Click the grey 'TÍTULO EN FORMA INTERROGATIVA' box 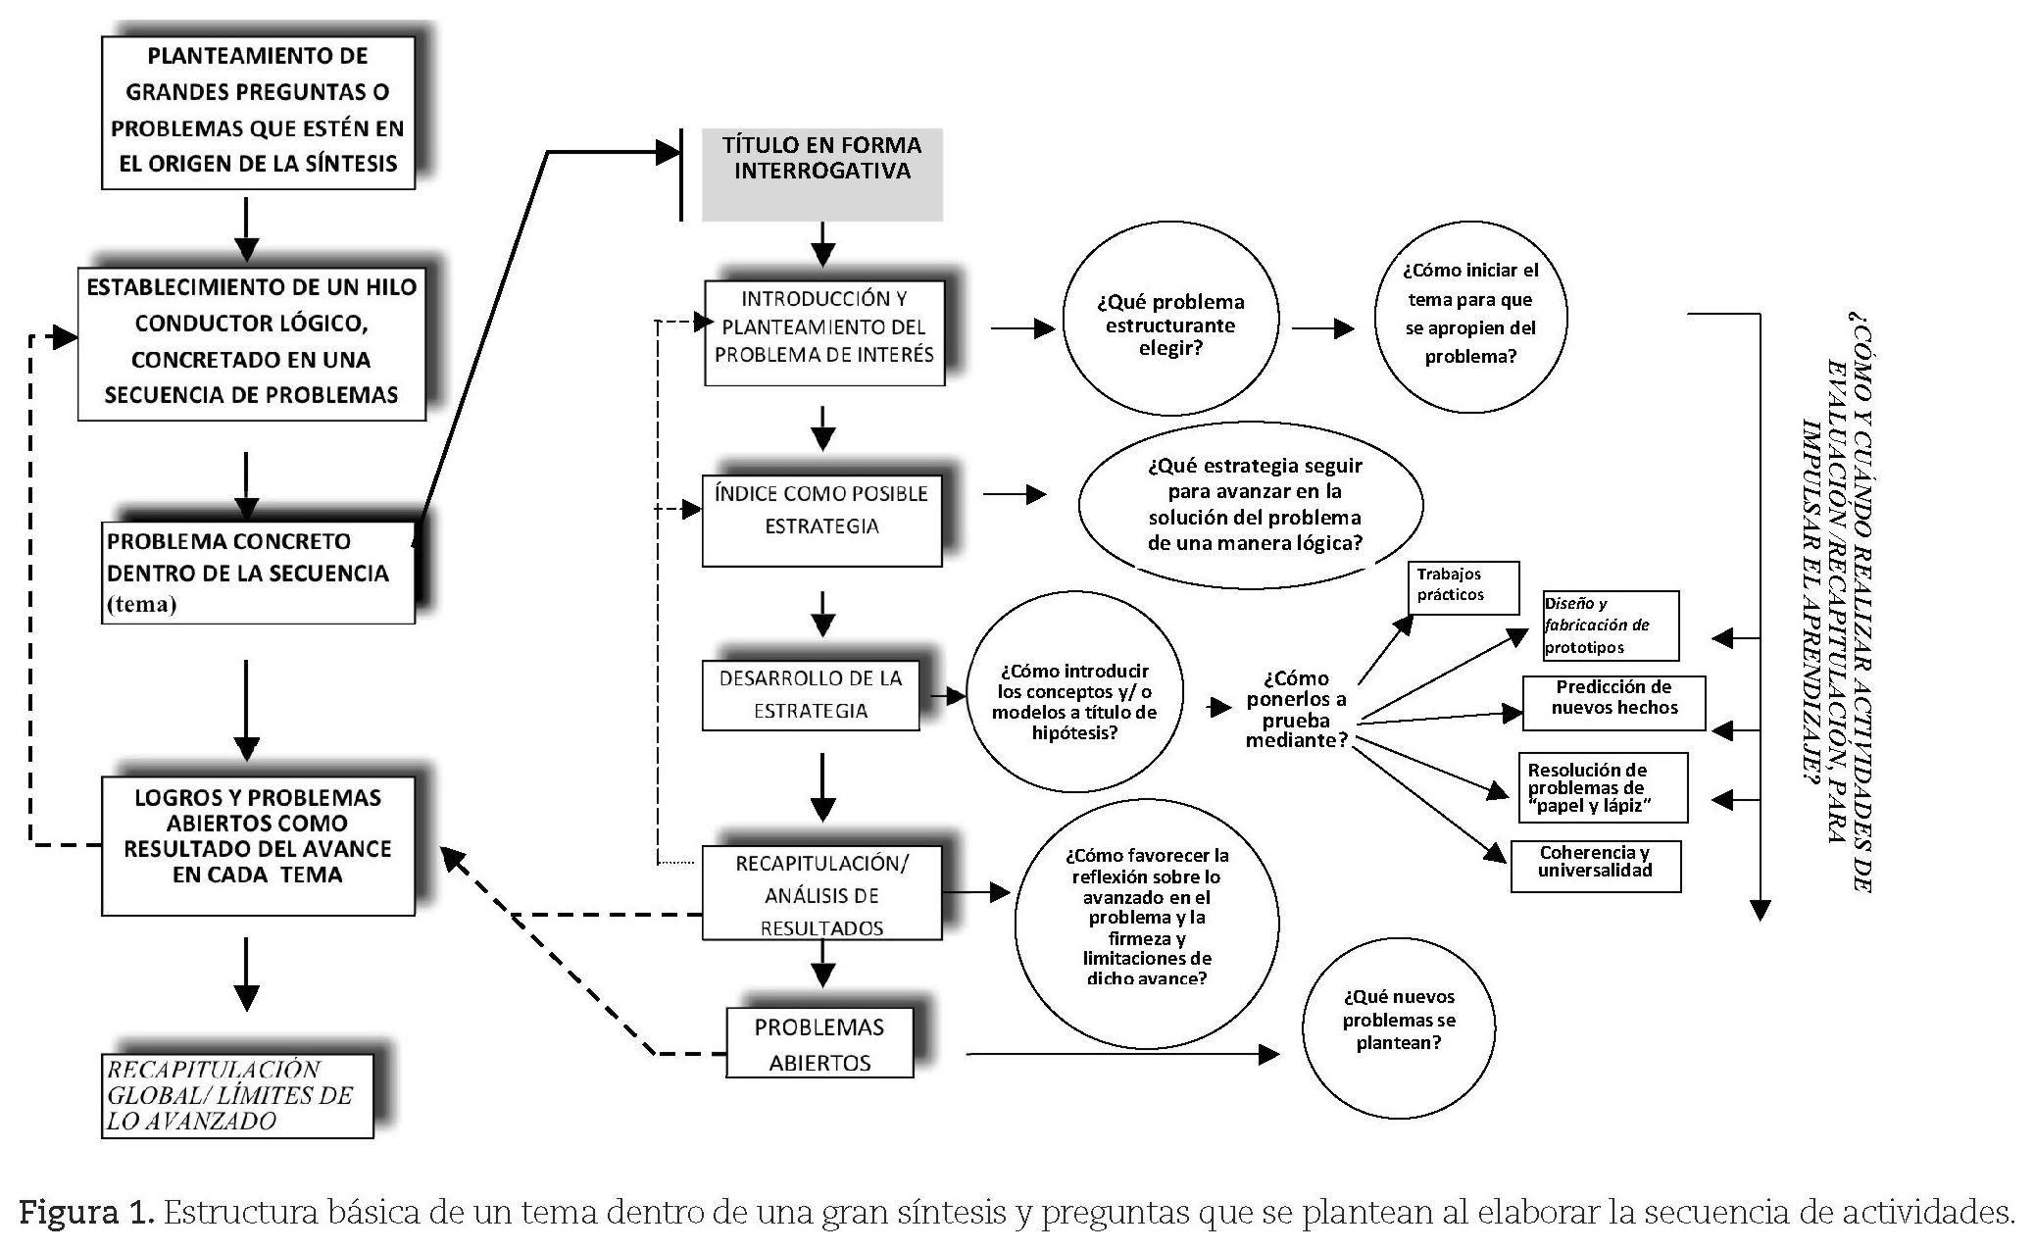(821, 174)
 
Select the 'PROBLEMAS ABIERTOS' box (819, 1044)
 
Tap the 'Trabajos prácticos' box (1463, 586)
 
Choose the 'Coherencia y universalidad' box (1595, 864)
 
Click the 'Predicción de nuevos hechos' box (1613, 701)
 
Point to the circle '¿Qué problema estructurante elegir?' (1170, 325)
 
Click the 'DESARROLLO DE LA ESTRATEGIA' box (811, 694)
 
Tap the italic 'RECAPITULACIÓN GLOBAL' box (237, 1095)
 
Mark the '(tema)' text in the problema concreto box (142, 604)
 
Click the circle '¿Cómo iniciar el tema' (1470, 314)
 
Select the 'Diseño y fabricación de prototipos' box (1609, 625)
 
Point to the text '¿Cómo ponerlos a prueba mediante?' (1296, 709)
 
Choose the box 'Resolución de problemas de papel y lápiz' (1602, 787)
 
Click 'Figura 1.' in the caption (86, 1214)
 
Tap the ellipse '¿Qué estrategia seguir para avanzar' (1252, 505)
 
